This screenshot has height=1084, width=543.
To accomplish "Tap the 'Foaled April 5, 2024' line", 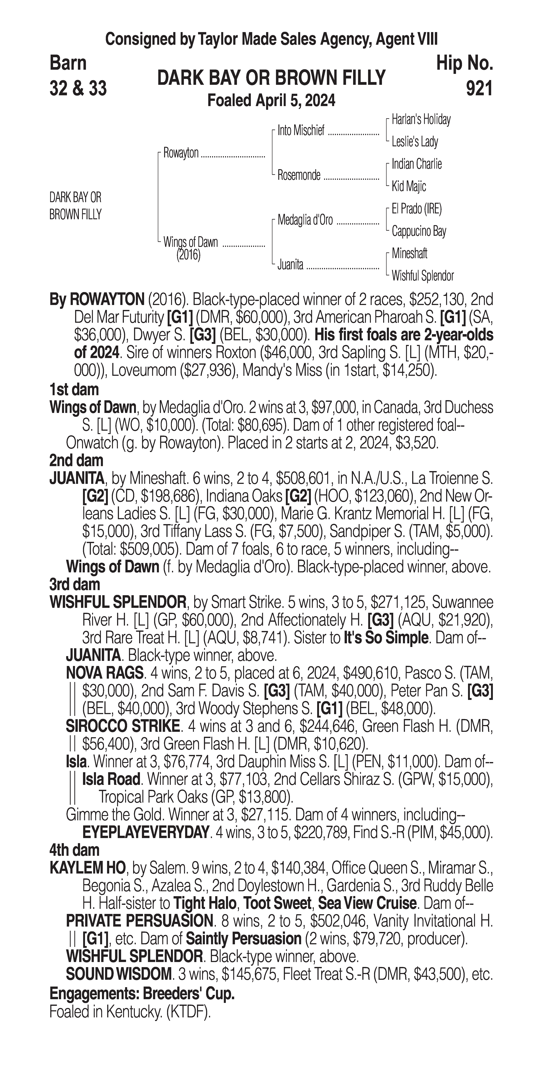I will point(271,101).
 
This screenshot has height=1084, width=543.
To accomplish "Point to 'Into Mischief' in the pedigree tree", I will point(301,131).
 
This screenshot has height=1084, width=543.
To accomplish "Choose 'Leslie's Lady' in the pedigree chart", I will point(415,142).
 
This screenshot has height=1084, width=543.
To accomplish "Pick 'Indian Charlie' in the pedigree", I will point(417,164).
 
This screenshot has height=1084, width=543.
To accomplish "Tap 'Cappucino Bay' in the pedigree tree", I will point(419,231).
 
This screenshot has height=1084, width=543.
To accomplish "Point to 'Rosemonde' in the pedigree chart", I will point(299,175).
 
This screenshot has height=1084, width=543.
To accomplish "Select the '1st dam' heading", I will point(74,390).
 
